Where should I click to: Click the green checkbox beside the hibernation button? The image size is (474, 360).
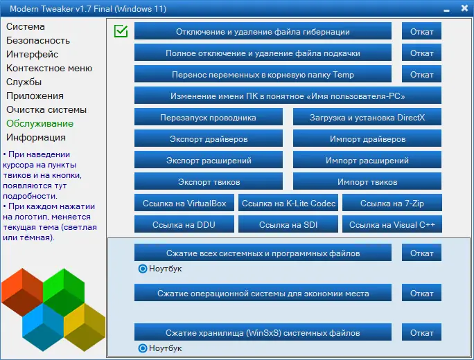(x=121, y=31)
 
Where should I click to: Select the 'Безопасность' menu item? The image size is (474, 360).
(x=38, y=40)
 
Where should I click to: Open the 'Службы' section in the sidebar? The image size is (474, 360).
(x=24, y=82)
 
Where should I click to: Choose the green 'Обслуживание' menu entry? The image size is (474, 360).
(x=40, y=123)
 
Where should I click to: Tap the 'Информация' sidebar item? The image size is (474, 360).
(x=36, y=137)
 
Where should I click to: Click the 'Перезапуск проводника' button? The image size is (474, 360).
(x=209, y=117)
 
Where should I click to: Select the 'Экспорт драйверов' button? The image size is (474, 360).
(x=209, y=138)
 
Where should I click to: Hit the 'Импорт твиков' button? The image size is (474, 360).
(x=367, y=181)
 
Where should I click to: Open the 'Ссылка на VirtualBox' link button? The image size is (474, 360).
(x=184, y=203)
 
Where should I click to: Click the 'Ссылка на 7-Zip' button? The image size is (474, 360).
(x=392, y=203)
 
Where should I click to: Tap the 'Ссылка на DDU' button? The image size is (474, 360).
(x=184, y=224)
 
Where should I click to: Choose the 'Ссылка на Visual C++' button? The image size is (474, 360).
(x=392, y=224)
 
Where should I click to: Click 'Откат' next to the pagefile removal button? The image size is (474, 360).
(x=422, y=53)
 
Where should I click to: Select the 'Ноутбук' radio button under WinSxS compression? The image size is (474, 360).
(x=142, y=348)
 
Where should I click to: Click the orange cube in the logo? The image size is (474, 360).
(x=22, y=291)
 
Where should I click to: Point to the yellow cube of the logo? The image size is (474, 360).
(x=85, y=327)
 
